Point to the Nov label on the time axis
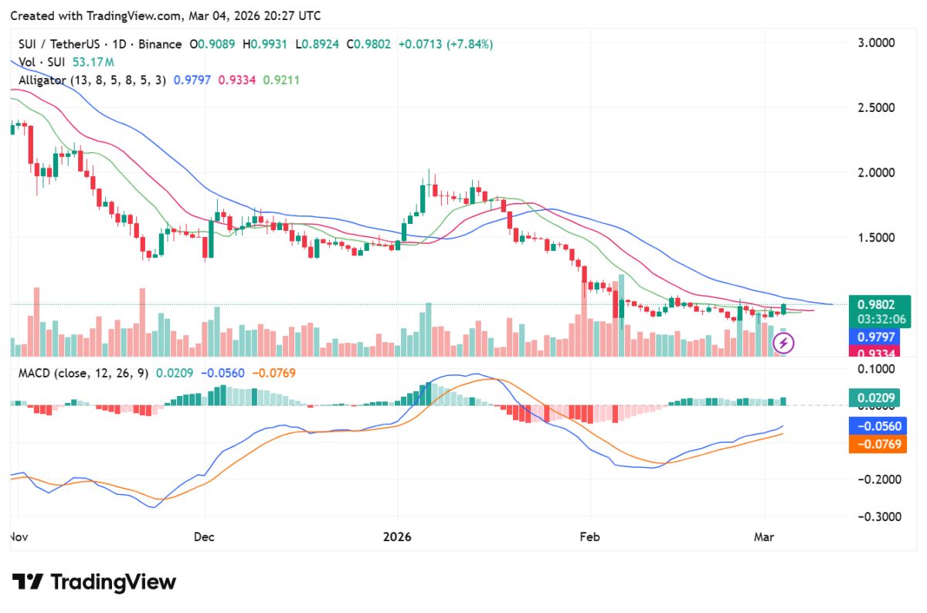click(x=18, y=536)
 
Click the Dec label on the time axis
click(x=205, y=536)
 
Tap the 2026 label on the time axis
click(x=398, y=536)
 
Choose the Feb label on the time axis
click(x=589, y=536)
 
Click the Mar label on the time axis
click(x=764, y=536)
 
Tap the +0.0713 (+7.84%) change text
click(x=446, y=45)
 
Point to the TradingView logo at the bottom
click(x=93, y=582)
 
